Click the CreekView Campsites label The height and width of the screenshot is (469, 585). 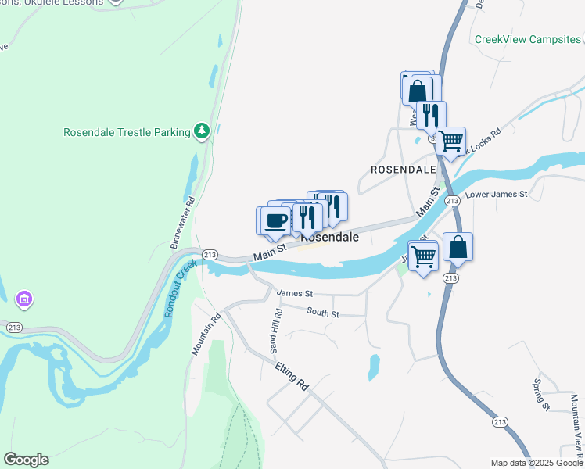point(528,39)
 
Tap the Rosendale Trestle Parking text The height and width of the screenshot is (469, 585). point(127,132)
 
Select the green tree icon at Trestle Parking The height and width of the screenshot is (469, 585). point(202,131)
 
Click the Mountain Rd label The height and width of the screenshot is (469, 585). point(206,332)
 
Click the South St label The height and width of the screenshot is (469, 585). point(323,313)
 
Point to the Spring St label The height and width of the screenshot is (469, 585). point(539,394)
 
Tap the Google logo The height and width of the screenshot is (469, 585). point(26,460)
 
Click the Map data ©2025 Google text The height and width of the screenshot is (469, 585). point(537,463)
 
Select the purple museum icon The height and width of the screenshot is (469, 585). point(24,299)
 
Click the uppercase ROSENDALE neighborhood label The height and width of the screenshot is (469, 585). point(403,169)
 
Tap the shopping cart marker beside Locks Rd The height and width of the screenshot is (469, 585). point(450,141)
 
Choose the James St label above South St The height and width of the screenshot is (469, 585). point(294,293)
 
